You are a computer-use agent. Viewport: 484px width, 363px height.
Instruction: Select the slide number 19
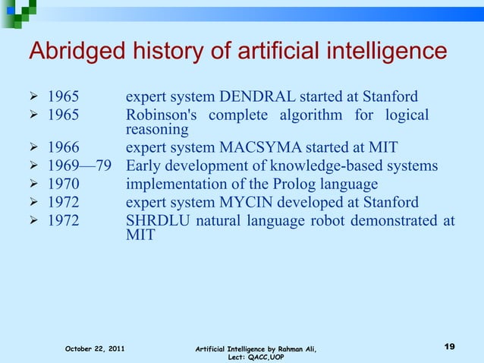click(449, 346)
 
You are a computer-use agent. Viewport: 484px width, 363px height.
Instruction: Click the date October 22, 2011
click(95, 348)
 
